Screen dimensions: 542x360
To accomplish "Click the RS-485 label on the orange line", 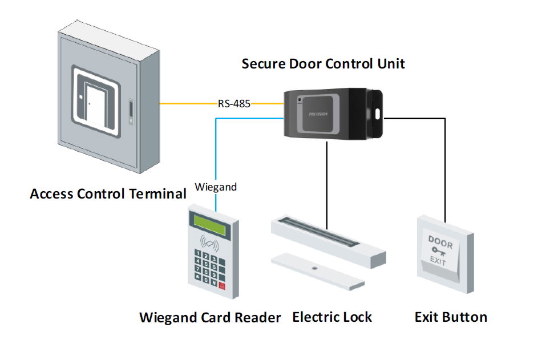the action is click(x=234, y=103).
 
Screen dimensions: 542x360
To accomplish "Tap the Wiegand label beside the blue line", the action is click(x=216, y=187).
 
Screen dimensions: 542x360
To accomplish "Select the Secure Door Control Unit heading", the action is click(x=323, y=64).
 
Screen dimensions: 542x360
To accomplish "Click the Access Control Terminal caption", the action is click(x=108, y=193).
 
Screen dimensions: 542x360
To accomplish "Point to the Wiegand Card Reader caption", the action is click(x=210, y=317).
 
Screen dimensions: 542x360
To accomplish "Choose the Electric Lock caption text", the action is click(x=332, y=317).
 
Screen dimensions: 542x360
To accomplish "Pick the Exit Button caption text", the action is click(x=451, y=317).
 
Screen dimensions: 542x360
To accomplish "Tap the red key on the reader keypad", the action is click(x=222, y=286).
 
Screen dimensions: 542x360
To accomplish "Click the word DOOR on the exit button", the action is click(x=440, y=242).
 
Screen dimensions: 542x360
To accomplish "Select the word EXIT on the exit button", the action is click(x=438, y=260).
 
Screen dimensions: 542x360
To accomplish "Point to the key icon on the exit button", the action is click(x=439, y=252).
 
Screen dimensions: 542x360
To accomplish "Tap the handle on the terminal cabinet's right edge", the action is click(x=131, y=112).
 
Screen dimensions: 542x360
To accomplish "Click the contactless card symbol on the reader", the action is click(x=209, y=243).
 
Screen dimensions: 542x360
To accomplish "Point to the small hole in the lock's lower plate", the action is click(x=314, y=268).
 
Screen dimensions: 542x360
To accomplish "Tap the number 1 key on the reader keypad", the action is click(x=198, y=253).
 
